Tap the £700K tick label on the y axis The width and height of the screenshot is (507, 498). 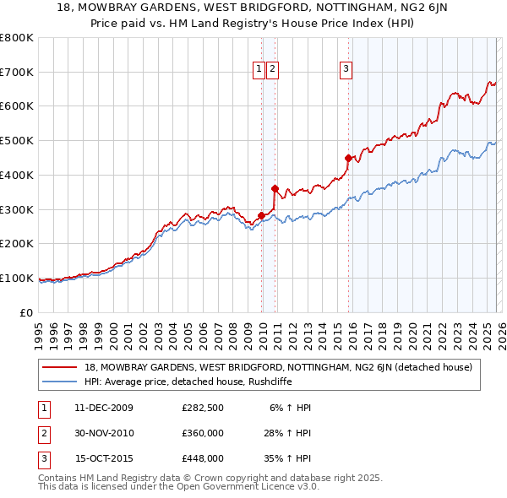(16, 73)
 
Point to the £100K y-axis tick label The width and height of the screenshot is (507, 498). (16, 279)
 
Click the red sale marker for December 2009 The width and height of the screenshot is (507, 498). (261, 215)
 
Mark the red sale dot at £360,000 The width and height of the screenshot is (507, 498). (275, 189)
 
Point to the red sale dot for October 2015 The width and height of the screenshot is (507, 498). (348, 158)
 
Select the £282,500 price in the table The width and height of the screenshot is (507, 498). (203, 408)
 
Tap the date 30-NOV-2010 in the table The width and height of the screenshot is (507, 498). (104, 433)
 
